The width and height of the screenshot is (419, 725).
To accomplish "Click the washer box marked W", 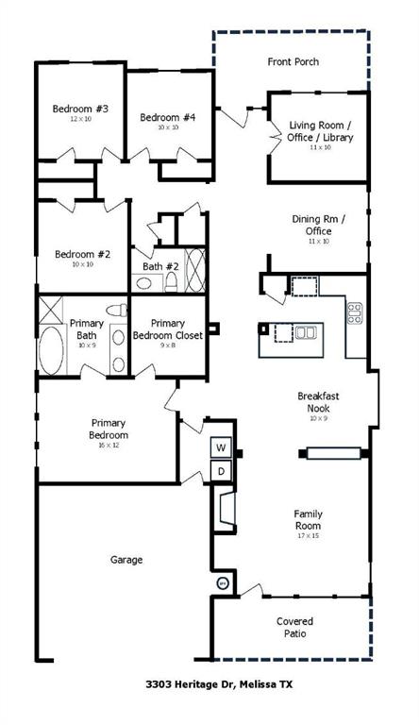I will [221, 447].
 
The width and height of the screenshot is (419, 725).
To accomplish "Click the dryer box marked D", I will [221, 470].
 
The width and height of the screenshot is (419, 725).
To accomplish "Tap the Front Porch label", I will [293, 62].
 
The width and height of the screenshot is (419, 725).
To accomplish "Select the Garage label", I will [126, 560].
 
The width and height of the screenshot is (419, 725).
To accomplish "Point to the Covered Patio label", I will [294, 628].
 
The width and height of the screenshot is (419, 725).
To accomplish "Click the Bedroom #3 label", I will [81, 110].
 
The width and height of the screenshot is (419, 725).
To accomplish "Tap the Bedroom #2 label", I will [83, 254].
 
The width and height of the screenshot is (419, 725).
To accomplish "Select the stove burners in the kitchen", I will [355, 313].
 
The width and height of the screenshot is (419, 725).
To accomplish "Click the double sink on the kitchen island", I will [305, 332].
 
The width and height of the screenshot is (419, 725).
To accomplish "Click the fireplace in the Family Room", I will [226, 509].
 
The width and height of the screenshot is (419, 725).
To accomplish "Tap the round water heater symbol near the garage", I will [224, 582].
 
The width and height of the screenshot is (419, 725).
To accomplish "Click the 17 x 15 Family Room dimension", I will [308, 536].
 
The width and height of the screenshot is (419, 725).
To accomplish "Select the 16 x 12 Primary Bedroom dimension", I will [109, 445].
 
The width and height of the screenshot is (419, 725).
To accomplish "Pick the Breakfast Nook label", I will [311, 402].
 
